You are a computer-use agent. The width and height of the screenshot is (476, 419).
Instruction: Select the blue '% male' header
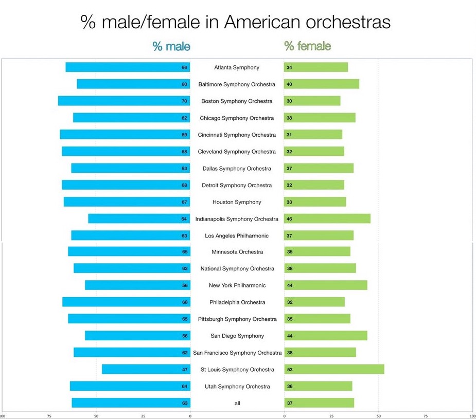pyautogui.click(x=171, y=46)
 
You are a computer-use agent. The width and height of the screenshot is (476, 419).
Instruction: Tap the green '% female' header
pyautogui.click(x=307, y=46)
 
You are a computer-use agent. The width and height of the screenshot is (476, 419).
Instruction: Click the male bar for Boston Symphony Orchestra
pyautogui.click(x=124, y=101)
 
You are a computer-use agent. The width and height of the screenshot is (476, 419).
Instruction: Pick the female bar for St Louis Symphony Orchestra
pyautogui.click(x=334, y=369)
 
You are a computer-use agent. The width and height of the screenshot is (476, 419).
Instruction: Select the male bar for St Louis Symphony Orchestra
pyautogui.click(x=146, y=369)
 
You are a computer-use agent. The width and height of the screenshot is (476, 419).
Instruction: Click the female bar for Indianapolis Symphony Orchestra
pyautogui.click(x=327, y=218)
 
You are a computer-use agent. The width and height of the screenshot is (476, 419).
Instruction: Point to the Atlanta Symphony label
pyautogui.click(x=237, y=67)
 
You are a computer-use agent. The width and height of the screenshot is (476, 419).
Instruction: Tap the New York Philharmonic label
pyautogui.click(x=237, y=285)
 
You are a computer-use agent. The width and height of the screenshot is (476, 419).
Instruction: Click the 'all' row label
pyautogui.click(x=237, y=403)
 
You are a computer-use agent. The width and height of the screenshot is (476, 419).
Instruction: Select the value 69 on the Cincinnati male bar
pyautogui.click(x=184, y=135)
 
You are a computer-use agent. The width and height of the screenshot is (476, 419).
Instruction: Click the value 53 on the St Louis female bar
pyautogui.click(x=289, y=369)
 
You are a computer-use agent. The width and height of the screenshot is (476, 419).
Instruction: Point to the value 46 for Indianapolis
pyautogui.click(x=289, y=218)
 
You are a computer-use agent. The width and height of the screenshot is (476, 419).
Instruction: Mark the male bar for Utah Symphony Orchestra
pyautogui.click(x=130, y=386)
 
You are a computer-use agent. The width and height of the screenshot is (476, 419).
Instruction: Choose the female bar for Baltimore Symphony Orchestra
pyautogui.click(x=322, y=84)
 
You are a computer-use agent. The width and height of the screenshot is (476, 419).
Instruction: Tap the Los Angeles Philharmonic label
pyautogui.click(x=237, y=235)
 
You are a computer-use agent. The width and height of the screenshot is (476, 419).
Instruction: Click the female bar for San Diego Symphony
pyautogui.click(x=326, y=336)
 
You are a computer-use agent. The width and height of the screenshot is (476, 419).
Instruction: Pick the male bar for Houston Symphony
pyautogui.click(x=127, y=202)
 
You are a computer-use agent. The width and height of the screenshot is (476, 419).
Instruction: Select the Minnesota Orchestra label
pyautogui.click(x=237, y=252)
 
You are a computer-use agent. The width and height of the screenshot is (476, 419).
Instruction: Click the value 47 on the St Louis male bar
pyautogui.click(x=184, y=369)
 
